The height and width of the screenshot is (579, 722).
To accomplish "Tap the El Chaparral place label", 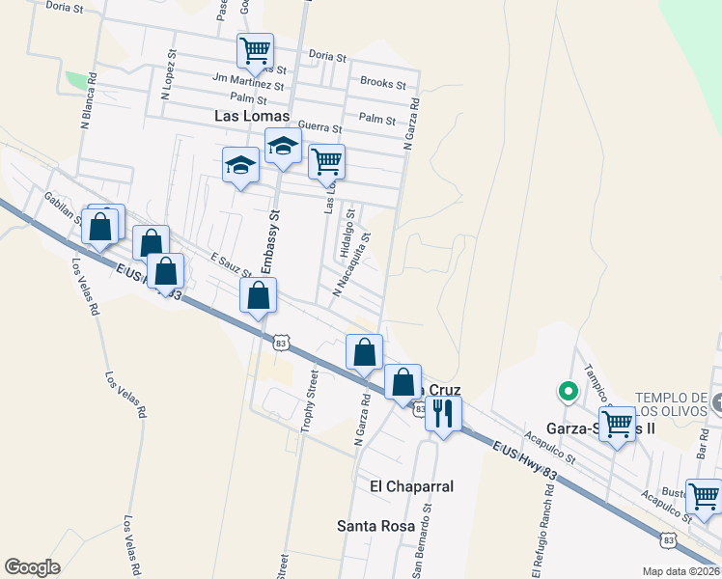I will (x=411, y=486).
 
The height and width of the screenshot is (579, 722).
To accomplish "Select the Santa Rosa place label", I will (x=375, y=526).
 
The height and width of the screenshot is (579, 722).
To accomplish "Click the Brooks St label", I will (x=382, y=83).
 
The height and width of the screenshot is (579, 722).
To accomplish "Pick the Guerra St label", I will (x=320, y=127).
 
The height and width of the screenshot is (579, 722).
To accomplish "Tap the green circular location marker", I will (x=569, y=391).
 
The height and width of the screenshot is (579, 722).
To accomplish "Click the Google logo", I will (x=32, y=566).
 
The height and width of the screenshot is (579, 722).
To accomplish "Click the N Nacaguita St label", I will (x=352, y=263).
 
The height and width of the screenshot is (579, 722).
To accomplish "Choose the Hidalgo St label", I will (x=346, y=236).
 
